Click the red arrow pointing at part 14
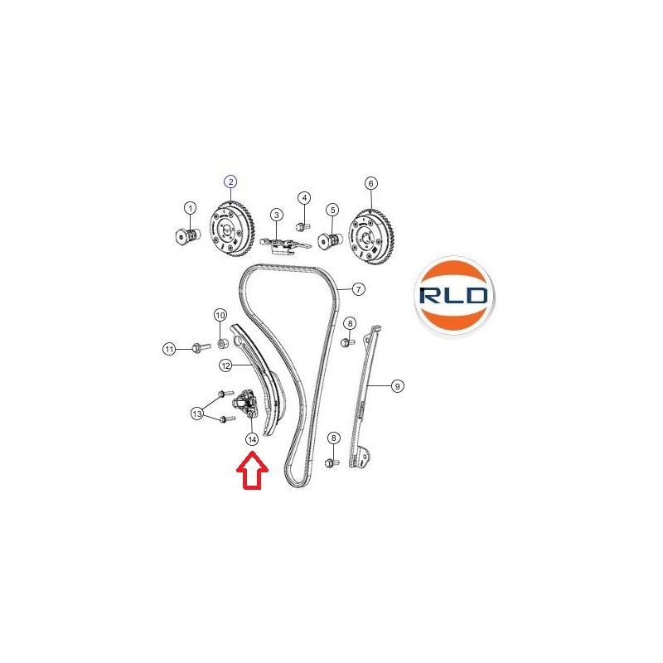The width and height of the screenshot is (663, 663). (252, 470)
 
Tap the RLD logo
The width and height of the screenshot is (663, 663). (453, 296)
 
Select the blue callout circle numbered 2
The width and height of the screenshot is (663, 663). (230, 181)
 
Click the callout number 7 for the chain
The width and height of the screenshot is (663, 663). (359, 289)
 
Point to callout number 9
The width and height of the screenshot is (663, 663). (397, 386)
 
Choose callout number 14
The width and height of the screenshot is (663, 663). (252, 440)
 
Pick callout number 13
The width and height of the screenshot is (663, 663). (197, 413)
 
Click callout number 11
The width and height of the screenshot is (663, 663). (169, 349)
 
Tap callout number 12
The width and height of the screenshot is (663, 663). (225, 365)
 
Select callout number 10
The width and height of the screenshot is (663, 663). (220, 315)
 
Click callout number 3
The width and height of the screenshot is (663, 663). (277, 215)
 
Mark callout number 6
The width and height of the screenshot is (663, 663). (370, 183)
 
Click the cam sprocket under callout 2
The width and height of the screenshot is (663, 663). (232, 233)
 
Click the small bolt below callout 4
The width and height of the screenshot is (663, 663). (303, 227)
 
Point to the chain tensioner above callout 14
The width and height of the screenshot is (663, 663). (244, 404)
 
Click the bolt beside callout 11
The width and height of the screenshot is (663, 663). (201, 347)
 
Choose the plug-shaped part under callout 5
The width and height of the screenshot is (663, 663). (330, 242)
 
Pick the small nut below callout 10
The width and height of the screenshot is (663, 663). (222, 343)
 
